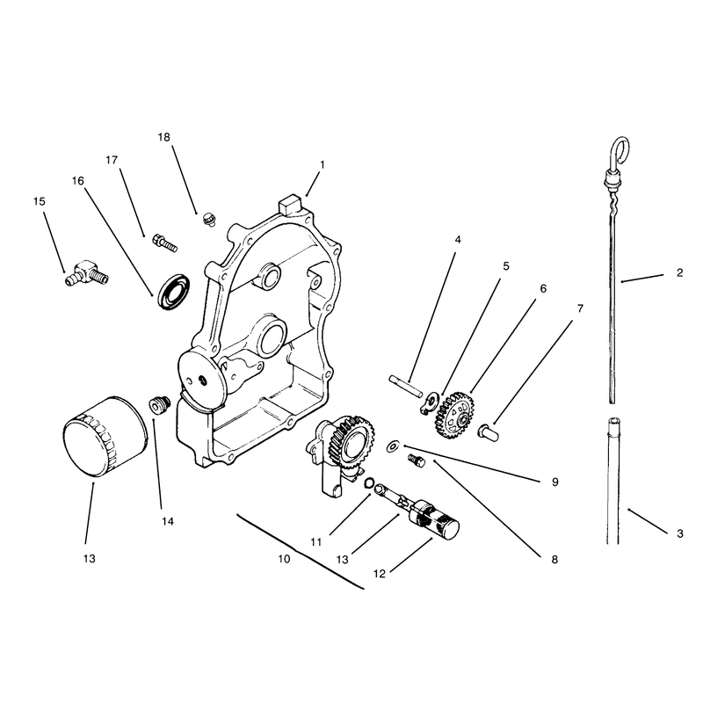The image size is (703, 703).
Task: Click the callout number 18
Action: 164,137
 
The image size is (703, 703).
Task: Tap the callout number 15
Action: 40,201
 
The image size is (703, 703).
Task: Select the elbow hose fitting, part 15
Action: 86,273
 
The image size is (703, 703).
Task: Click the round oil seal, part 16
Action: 174,290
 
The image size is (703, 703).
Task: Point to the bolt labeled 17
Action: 165,243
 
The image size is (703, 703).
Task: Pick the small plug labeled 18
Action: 208,219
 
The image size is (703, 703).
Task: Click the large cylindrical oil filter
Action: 105,436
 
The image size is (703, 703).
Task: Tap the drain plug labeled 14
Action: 160,405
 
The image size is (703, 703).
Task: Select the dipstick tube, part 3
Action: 612,481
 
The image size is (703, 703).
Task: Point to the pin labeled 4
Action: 405,386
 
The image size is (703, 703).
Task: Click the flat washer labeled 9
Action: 394,446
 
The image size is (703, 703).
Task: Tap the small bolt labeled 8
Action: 416,460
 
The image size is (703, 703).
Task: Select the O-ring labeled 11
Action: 369,482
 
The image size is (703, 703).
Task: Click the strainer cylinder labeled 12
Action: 434,521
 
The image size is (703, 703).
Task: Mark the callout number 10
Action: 284,559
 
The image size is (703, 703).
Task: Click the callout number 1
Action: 322,165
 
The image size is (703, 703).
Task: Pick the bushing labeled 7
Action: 488,432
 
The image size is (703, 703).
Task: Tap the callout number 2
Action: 679,272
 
